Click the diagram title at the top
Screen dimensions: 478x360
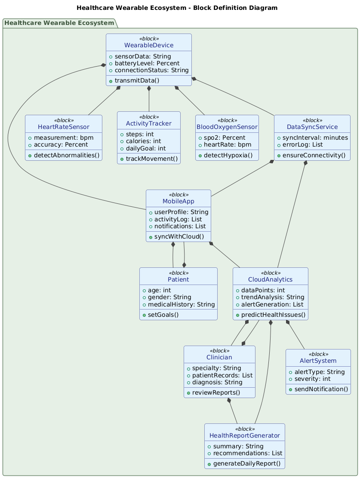click(x=180, y=8)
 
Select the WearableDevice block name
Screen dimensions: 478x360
click(x=149, y=46)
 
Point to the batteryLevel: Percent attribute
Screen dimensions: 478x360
click(x=148, y=63)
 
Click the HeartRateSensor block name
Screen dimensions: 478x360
click(x=64, y=127)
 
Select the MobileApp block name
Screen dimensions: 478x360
click(x=178, y=202)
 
